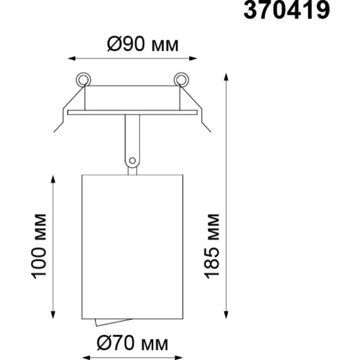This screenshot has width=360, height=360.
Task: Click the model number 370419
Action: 287,10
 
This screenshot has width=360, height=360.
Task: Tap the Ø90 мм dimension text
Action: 143,44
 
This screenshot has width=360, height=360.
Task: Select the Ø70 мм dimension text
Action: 132,343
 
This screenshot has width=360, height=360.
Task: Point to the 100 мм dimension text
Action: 38,246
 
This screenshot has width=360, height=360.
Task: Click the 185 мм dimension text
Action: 212,246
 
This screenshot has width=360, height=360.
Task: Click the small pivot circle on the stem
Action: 132,161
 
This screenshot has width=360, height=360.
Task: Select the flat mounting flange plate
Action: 132,112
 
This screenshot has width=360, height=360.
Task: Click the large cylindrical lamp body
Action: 132,247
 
